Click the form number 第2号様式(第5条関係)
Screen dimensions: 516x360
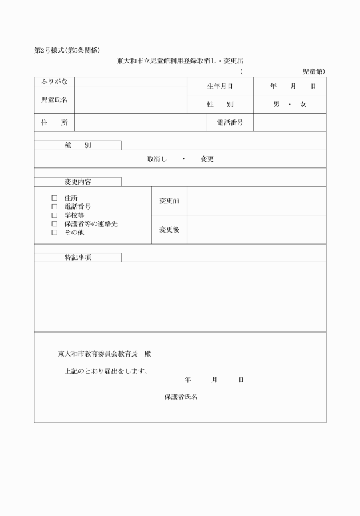click(x=67, y=50)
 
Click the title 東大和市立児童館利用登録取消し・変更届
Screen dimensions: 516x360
click(x=180, y=61)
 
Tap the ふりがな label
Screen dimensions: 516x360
click(x=54, y=82)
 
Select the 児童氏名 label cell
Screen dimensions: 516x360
click(x=54, y=100)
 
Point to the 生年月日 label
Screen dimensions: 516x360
click(x=220, y=86)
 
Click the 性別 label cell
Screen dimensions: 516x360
click(x=220, y=105)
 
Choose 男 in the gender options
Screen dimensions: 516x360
click(x=276, y=105)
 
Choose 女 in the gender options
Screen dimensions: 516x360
click(x=303, y=105)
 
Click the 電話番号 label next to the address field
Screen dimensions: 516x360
click(x=230, y=123)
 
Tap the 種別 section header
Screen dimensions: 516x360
click(x=78, y=146)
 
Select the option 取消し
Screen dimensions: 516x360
click(x=157, y=159)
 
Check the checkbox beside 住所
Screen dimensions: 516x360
click(x=55, y=198)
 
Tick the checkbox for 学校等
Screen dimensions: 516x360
click(x=55, y=215)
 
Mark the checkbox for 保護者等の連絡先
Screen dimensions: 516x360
click(x=55, y=224)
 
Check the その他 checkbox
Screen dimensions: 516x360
click(x=55, y=233)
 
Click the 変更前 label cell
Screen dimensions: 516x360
click(x=169, y=201)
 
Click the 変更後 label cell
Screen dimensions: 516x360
click(x=169, y=230)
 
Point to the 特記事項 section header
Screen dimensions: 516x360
click(x=78, y=258)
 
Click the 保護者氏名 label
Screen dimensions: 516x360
click(x=181, y=397)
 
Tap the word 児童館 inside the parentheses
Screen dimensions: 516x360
click(x=312, y=71)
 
